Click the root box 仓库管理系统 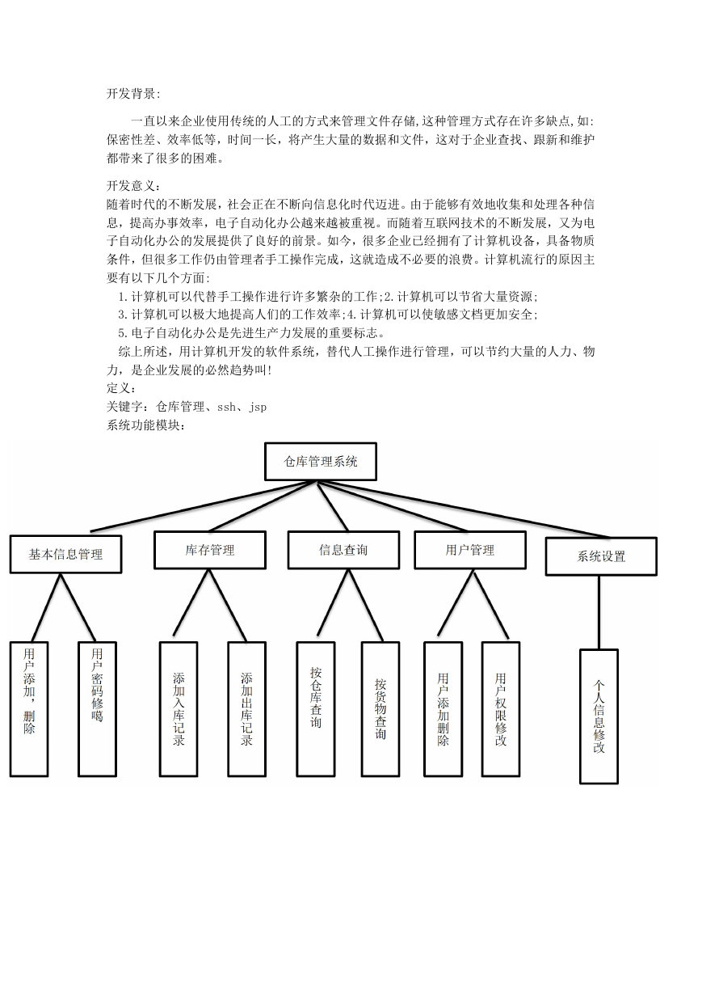click(x=320, y=461)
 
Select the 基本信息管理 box click(x=65, y=554)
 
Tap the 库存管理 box click(x=210, y=550)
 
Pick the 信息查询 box click(x=343, y=550)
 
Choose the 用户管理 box click(x=470, y=550)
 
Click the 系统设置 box click(x=601, y=556)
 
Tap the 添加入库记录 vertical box click(x=179, y=709)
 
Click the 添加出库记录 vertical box click(x=246, y=709)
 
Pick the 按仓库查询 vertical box click(x=315, y=709)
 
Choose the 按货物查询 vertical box click(x=380, y=709)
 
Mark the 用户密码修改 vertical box click(x=97, y=709)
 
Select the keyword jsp click(x=258, y=407)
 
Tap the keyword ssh click(x=226, y=407)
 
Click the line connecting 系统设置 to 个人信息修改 click(x=599, y=613)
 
